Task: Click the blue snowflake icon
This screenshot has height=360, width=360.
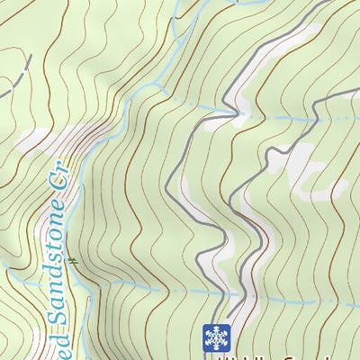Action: (x=216, y=337)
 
